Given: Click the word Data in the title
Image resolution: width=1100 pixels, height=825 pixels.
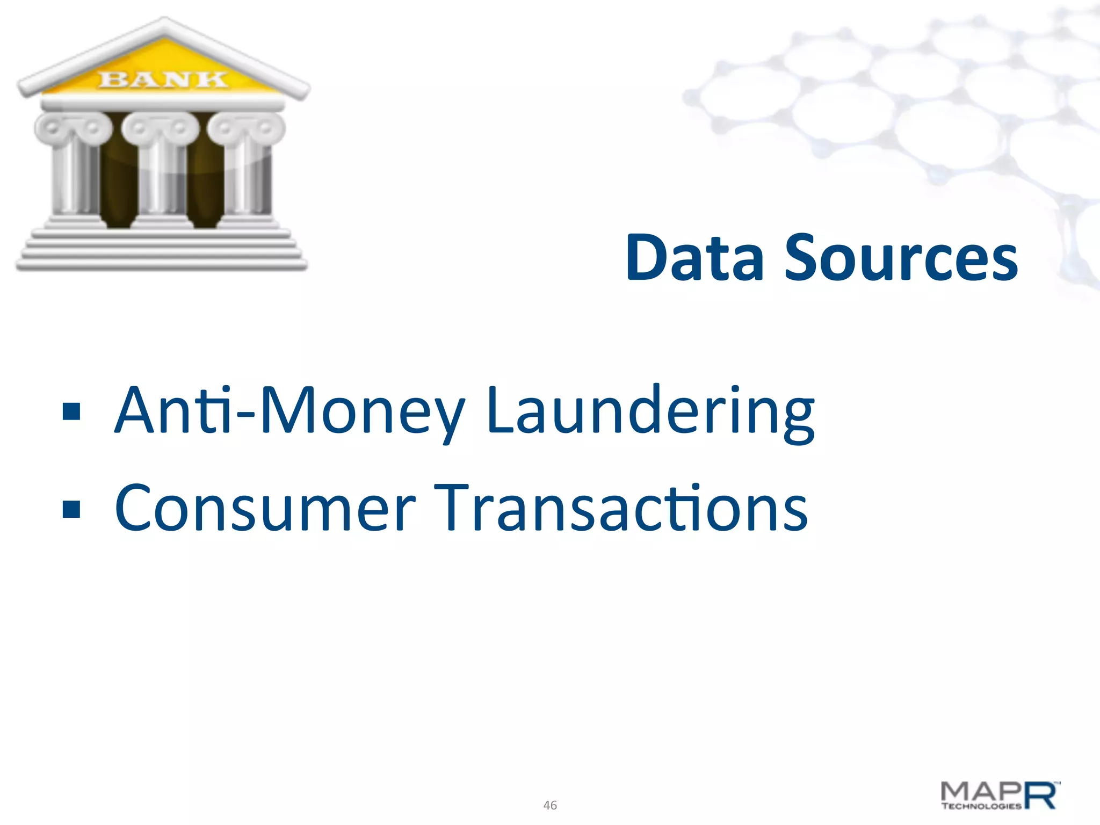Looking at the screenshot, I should (x=695, y=258).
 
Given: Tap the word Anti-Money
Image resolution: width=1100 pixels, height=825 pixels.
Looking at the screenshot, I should (x=290, y=411).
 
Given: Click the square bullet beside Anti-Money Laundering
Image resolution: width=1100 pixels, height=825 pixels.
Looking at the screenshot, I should (x=71, y=411).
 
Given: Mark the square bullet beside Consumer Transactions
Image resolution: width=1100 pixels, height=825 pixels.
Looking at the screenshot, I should (x=71, y=509).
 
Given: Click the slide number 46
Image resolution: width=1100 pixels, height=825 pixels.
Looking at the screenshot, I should (x=550, y=805).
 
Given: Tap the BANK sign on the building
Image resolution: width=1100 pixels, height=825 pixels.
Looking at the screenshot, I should (x=163, y=79).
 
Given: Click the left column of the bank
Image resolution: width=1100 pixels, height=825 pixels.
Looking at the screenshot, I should (x=74, y=177).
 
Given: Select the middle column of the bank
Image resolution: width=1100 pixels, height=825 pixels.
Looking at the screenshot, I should (x=160, y=177).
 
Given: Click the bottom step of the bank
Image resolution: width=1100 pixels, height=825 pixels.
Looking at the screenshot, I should (x=161, y=264).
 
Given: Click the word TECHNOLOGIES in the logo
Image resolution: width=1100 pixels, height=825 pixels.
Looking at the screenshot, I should (x=981, y=806).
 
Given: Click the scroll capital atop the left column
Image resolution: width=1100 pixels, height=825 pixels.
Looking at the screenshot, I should (x=74, y=128).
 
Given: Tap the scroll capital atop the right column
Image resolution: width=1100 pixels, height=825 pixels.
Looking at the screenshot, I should (x=247, y=128).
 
